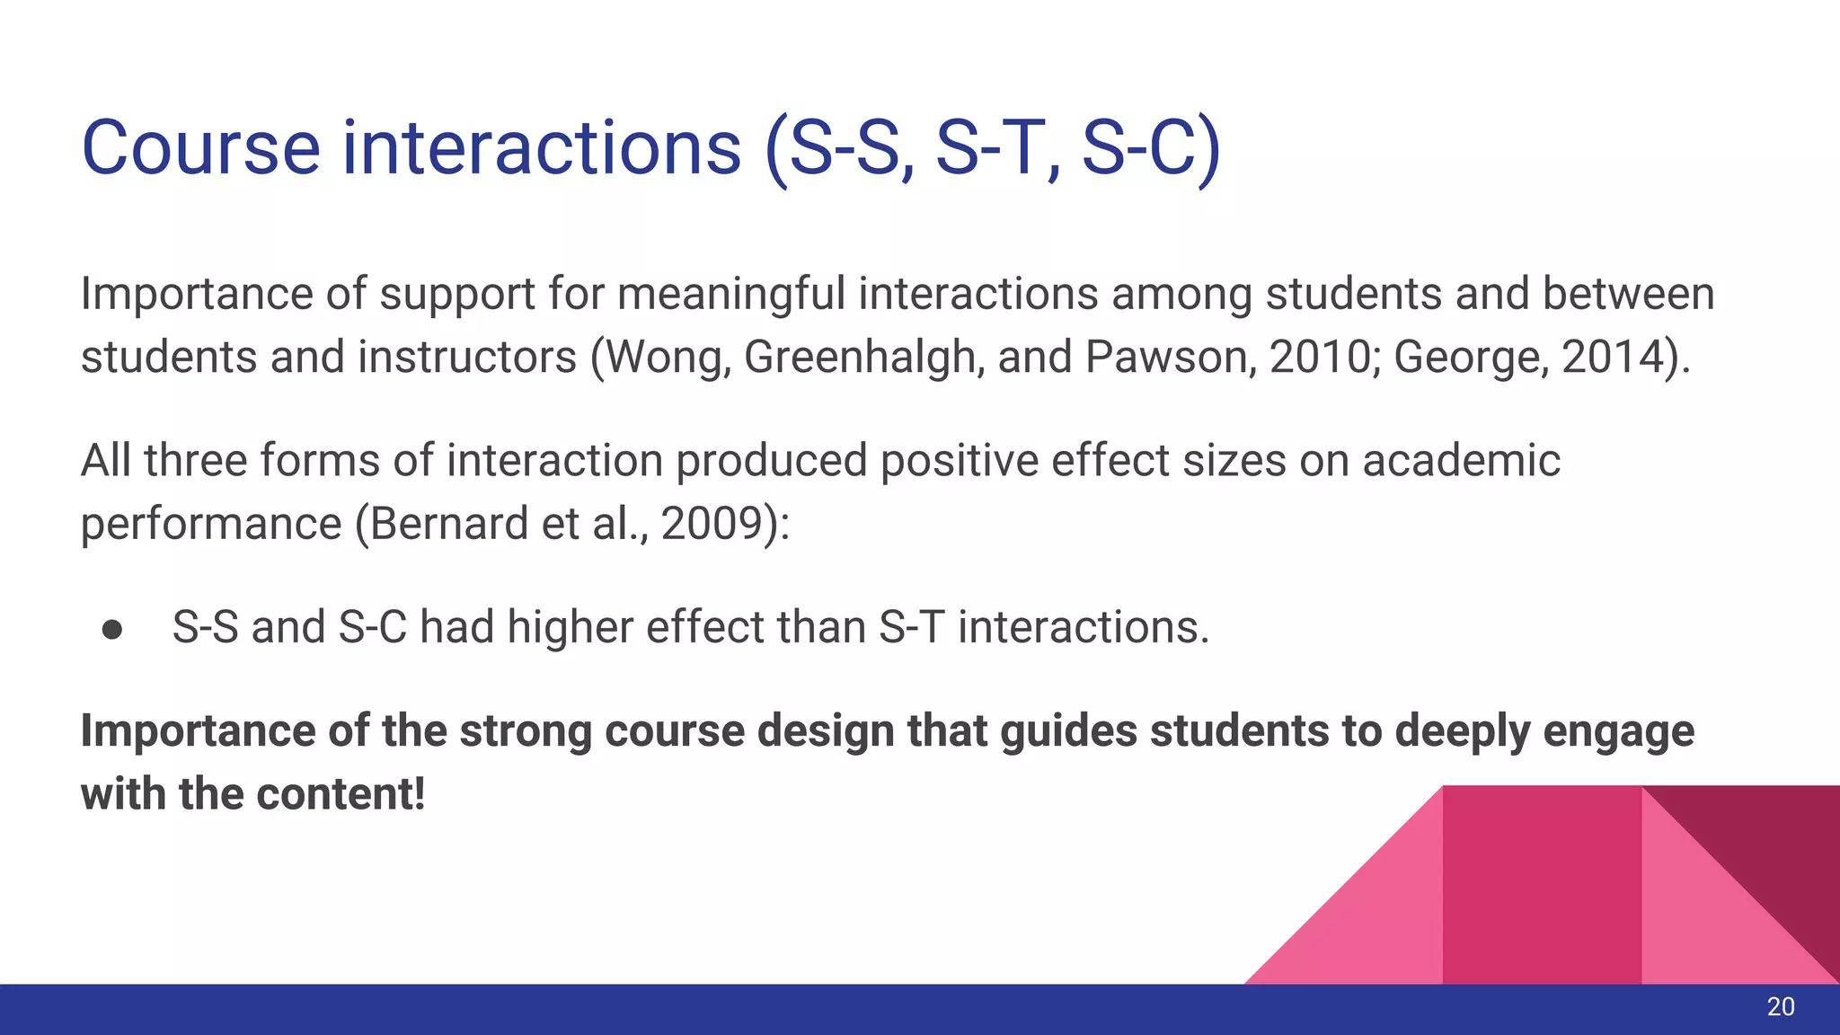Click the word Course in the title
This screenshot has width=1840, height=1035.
coord(200,148)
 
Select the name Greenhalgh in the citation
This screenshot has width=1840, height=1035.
coord(859,357)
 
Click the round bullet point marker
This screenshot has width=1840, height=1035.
coord(112,630)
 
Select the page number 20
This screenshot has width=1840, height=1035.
coord(1780,1007)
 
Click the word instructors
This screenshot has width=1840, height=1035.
coord(466,357)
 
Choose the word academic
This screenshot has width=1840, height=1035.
coord(1461,460)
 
